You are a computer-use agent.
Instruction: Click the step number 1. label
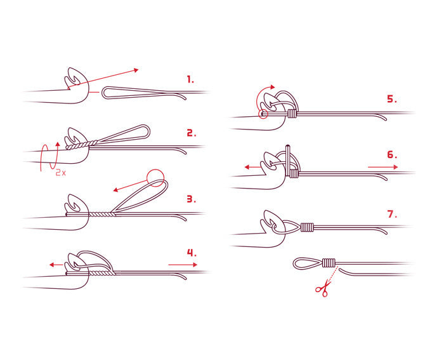190,80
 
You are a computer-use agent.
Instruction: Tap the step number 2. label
191,133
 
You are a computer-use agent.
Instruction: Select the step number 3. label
191,199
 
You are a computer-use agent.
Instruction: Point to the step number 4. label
191,253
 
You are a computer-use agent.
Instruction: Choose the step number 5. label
392,99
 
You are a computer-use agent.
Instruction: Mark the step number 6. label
392,154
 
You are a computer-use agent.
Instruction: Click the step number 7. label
392,214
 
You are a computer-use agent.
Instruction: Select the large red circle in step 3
155,178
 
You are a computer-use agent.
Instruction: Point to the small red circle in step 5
264,115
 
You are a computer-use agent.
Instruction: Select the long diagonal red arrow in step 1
111,76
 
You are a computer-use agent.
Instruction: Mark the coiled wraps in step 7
308,227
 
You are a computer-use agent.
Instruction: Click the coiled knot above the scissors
328,262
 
